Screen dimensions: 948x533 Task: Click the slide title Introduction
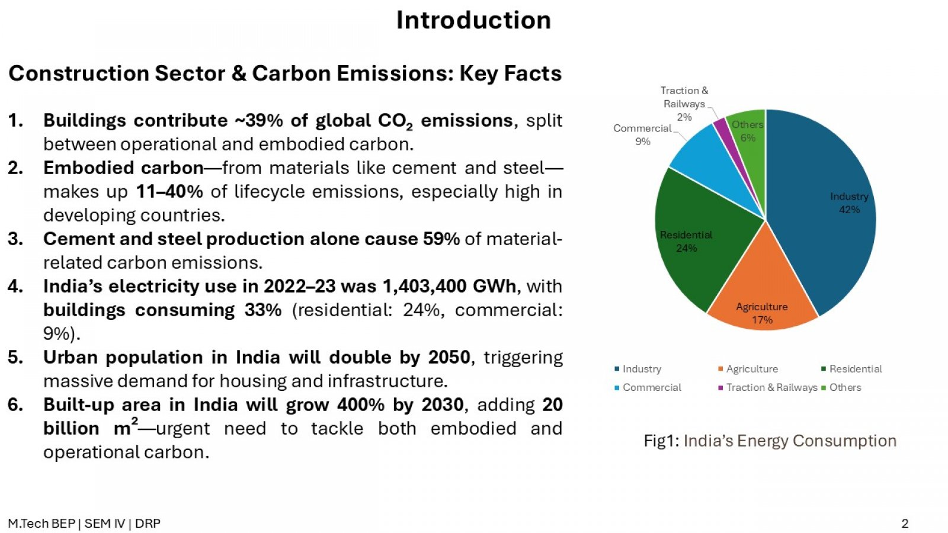[473, 20]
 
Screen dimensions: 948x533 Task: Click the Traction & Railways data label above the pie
[684, 104]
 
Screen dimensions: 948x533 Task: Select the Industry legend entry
[638, 369]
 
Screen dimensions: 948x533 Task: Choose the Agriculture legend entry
[748, 369]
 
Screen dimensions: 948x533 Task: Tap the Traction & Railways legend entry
[768, 387]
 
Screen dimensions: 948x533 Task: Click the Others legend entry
[841, 387]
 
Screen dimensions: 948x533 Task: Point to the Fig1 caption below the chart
[770, 441]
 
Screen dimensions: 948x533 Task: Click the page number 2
[905, 524]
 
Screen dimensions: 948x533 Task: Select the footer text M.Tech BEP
[41, 524]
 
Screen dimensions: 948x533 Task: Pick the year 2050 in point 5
[449, 358]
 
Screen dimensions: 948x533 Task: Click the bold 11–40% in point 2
[169, 192]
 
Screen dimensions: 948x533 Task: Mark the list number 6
[15, 405]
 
